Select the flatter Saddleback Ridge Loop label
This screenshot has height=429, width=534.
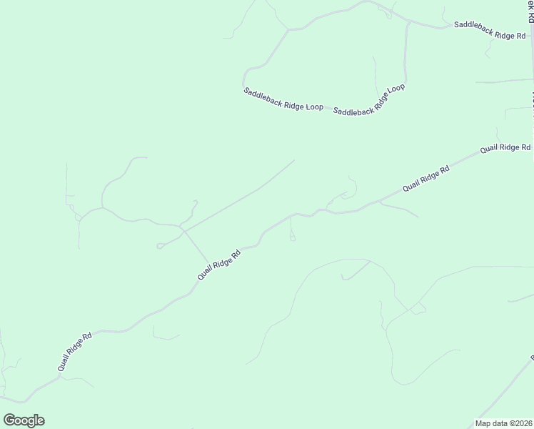click(283, 99)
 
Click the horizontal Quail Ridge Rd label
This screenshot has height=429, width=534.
click(505, 148)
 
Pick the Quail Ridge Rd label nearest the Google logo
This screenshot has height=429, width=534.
click(76, 351)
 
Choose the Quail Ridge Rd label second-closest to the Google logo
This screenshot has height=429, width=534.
click(218, 265)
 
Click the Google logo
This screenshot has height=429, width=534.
click(24, 420)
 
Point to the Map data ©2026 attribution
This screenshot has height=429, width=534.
click(504, 423)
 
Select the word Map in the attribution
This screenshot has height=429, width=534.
click(483, 423)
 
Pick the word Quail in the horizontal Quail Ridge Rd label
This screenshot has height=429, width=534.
click(488, 149)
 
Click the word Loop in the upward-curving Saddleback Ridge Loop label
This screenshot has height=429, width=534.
click(396, 89)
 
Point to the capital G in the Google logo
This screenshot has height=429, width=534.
click(9, 420)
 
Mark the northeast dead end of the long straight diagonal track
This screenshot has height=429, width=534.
click(294, 160)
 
